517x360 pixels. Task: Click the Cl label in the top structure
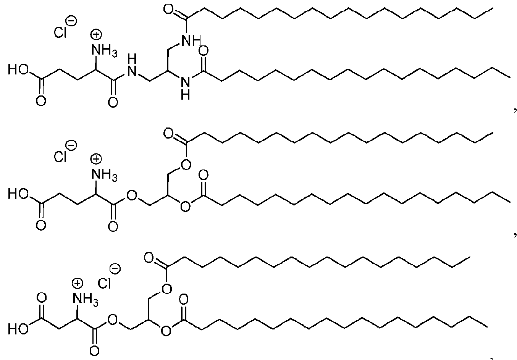60,32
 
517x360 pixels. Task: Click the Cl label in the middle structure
60,157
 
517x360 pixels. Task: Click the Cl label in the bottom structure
104,283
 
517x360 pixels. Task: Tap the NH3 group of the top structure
104,50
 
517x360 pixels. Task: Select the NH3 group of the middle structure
104,175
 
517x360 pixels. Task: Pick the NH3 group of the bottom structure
86,299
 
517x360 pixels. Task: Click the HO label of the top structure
18,69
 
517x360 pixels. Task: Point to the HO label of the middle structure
18,194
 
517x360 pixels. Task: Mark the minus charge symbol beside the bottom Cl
115,269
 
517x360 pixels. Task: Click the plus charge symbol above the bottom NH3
77,283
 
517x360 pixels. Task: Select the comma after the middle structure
515,236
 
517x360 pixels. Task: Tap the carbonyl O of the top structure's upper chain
168,10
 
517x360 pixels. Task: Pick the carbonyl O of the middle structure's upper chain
168,134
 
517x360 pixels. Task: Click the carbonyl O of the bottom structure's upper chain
149,258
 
